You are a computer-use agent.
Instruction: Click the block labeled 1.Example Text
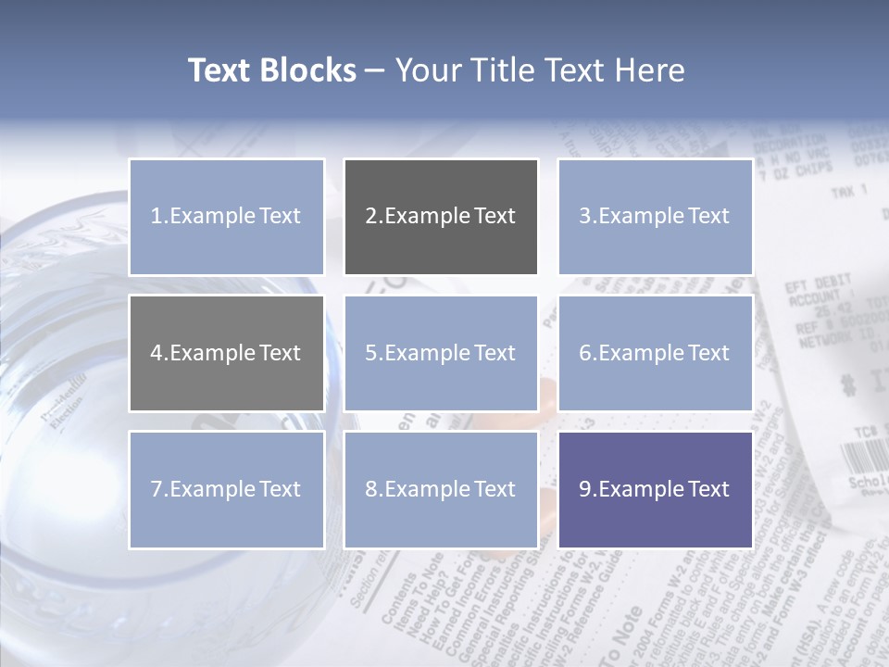pos(226,217)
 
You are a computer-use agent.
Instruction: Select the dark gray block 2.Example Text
pos(441,217)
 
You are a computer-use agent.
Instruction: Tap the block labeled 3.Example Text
pos(655,217)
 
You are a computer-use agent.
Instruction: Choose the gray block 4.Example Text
pos(226,353)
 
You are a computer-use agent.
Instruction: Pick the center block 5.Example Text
pos(441,353)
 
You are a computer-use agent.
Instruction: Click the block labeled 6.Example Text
pos(655,353)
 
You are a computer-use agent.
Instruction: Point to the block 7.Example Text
pos(226,489)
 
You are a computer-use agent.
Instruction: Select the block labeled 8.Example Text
pos(441,489)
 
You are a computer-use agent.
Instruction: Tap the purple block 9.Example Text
pos(655,489)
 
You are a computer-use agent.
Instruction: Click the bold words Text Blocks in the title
pos(271,70)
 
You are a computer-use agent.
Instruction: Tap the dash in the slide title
pos(375,71)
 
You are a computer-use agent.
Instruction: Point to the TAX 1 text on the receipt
pos(848,191)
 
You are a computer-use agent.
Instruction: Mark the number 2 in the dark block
pos(370,217)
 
